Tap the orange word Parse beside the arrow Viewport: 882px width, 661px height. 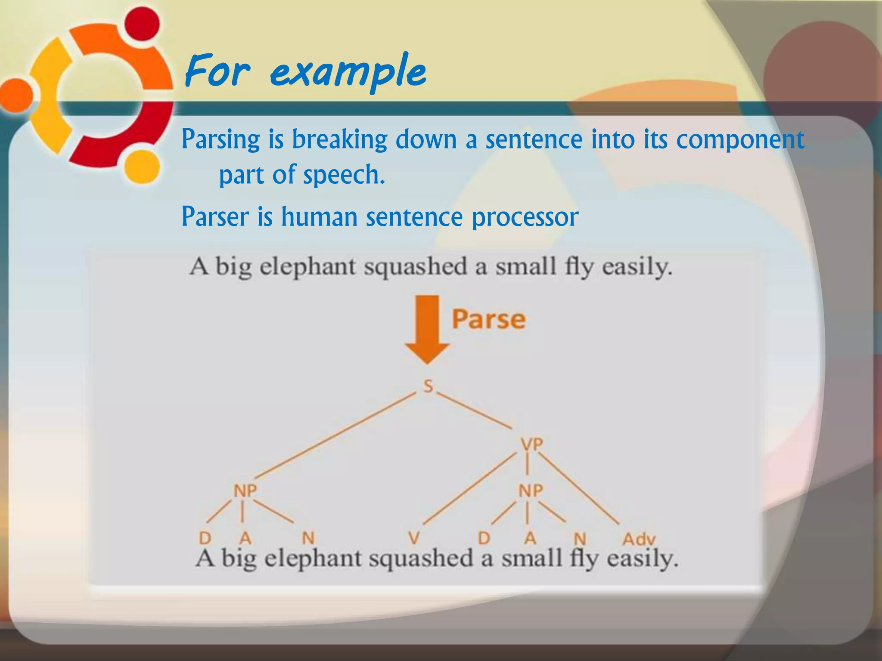[488, 319]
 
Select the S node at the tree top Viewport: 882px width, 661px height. [428, 386]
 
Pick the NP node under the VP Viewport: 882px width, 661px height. [531, 491]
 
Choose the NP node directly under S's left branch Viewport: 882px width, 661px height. [245, 490]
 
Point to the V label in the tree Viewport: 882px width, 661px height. [413, 538]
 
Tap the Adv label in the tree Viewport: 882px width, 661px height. [639, 539]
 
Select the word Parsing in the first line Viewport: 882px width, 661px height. [220, 139]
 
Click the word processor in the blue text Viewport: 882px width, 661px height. [525, 217]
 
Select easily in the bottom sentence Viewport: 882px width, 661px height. [642, 559]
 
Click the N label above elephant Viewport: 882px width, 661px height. [308, 538]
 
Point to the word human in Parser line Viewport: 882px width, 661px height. [320, 217]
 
